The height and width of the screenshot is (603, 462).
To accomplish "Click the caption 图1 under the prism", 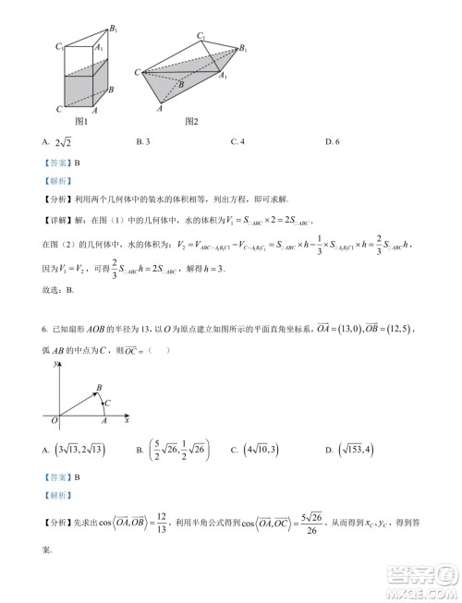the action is tap(81, 122).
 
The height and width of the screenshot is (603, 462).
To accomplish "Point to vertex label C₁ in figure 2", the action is tap(201, 36).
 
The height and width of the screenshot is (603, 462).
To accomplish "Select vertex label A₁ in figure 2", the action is tap(224, 78).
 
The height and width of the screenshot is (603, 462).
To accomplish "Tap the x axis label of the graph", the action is tap(126, 420).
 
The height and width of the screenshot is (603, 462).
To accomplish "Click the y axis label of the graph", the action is tap(57, 364).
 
